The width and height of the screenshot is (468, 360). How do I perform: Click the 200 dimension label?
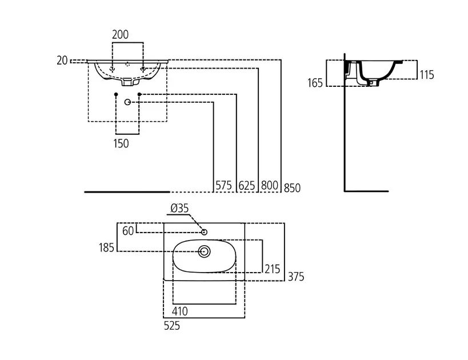pyautogui.click(x=120, y=34)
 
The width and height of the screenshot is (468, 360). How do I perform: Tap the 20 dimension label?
pyautogui.click(x=62, y=59)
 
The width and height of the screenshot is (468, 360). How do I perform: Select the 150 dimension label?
pyautogui.click(x=121, y=143)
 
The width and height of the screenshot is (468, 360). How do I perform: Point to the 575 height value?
pyautogui.click(x=224, y=185)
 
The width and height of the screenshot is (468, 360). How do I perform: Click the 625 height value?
pyautogui.click(x=247, y=185)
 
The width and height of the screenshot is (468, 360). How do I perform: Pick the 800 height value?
pyautogui.click(x=269, y=185)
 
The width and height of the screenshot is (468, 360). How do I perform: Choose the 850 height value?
pyautogui.click(x=291, y=187)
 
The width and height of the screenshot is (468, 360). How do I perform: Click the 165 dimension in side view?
pyautogui.click(x=315, y=83)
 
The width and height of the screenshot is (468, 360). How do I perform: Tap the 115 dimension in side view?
pyautogui.click(x=427, y=74)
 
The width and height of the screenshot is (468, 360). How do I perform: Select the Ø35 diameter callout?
pyautogui.click(x=179, y=209)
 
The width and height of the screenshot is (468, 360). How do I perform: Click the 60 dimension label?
pyautogui.click(x=128, y=230)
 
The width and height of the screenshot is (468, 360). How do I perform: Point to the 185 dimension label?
pyautogui.click(x=106, y=247)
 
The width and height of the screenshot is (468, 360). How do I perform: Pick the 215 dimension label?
pyautogui.click(x=271, y=269)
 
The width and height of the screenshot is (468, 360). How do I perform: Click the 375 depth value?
pyautogui.click(x=295, y=277)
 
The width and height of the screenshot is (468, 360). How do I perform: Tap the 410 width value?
pyautogui.click(x=180, y=311)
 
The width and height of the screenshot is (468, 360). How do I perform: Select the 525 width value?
pyautogui.click(x=171, y=326)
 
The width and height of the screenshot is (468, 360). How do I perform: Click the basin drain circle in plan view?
pyautogui.click(x=204, y=250)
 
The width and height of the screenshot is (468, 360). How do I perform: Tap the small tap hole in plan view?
pyautogui.click(x=204, y=231)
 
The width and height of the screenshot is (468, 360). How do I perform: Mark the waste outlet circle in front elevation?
pyautogui.click(x=127, y=102)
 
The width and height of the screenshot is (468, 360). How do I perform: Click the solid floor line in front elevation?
pyautogui.click(x=127, y=192)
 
